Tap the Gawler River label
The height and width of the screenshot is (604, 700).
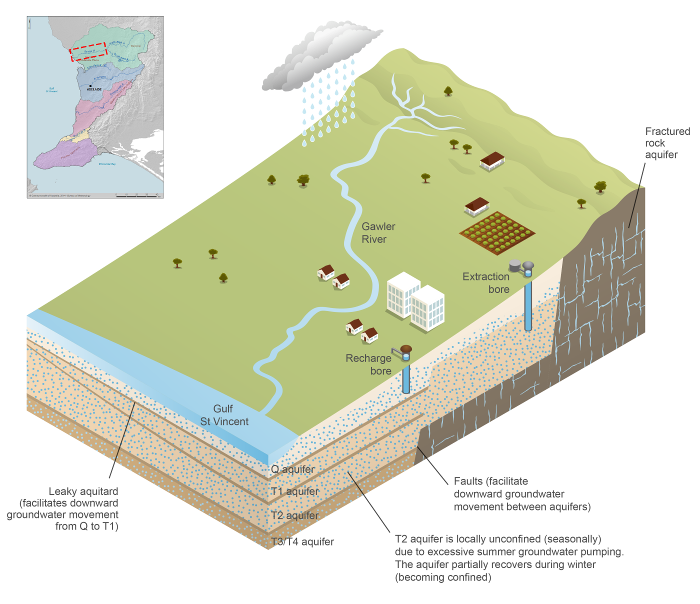378,233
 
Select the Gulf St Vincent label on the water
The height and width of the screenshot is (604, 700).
224,415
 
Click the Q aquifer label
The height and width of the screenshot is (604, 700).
293,469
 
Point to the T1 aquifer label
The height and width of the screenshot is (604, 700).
295,491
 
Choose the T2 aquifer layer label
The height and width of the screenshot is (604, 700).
295,515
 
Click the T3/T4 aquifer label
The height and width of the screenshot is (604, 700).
302,542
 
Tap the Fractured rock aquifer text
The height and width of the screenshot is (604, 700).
667,143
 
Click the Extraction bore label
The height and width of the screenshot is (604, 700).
486,283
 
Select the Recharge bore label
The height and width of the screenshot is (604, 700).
368,364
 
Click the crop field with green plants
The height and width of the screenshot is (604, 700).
497,233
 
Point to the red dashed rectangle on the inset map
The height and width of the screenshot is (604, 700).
88,51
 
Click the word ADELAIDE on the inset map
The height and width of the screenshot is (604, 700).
94,89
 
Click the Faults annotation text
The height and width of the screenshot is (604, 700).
522,494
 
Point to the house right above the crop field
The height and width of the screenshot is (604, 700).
477,206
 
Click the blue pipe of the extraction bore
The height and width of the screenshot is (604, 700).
528,305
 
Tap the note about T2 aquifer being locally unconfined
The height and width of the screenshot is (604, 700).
509,558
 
